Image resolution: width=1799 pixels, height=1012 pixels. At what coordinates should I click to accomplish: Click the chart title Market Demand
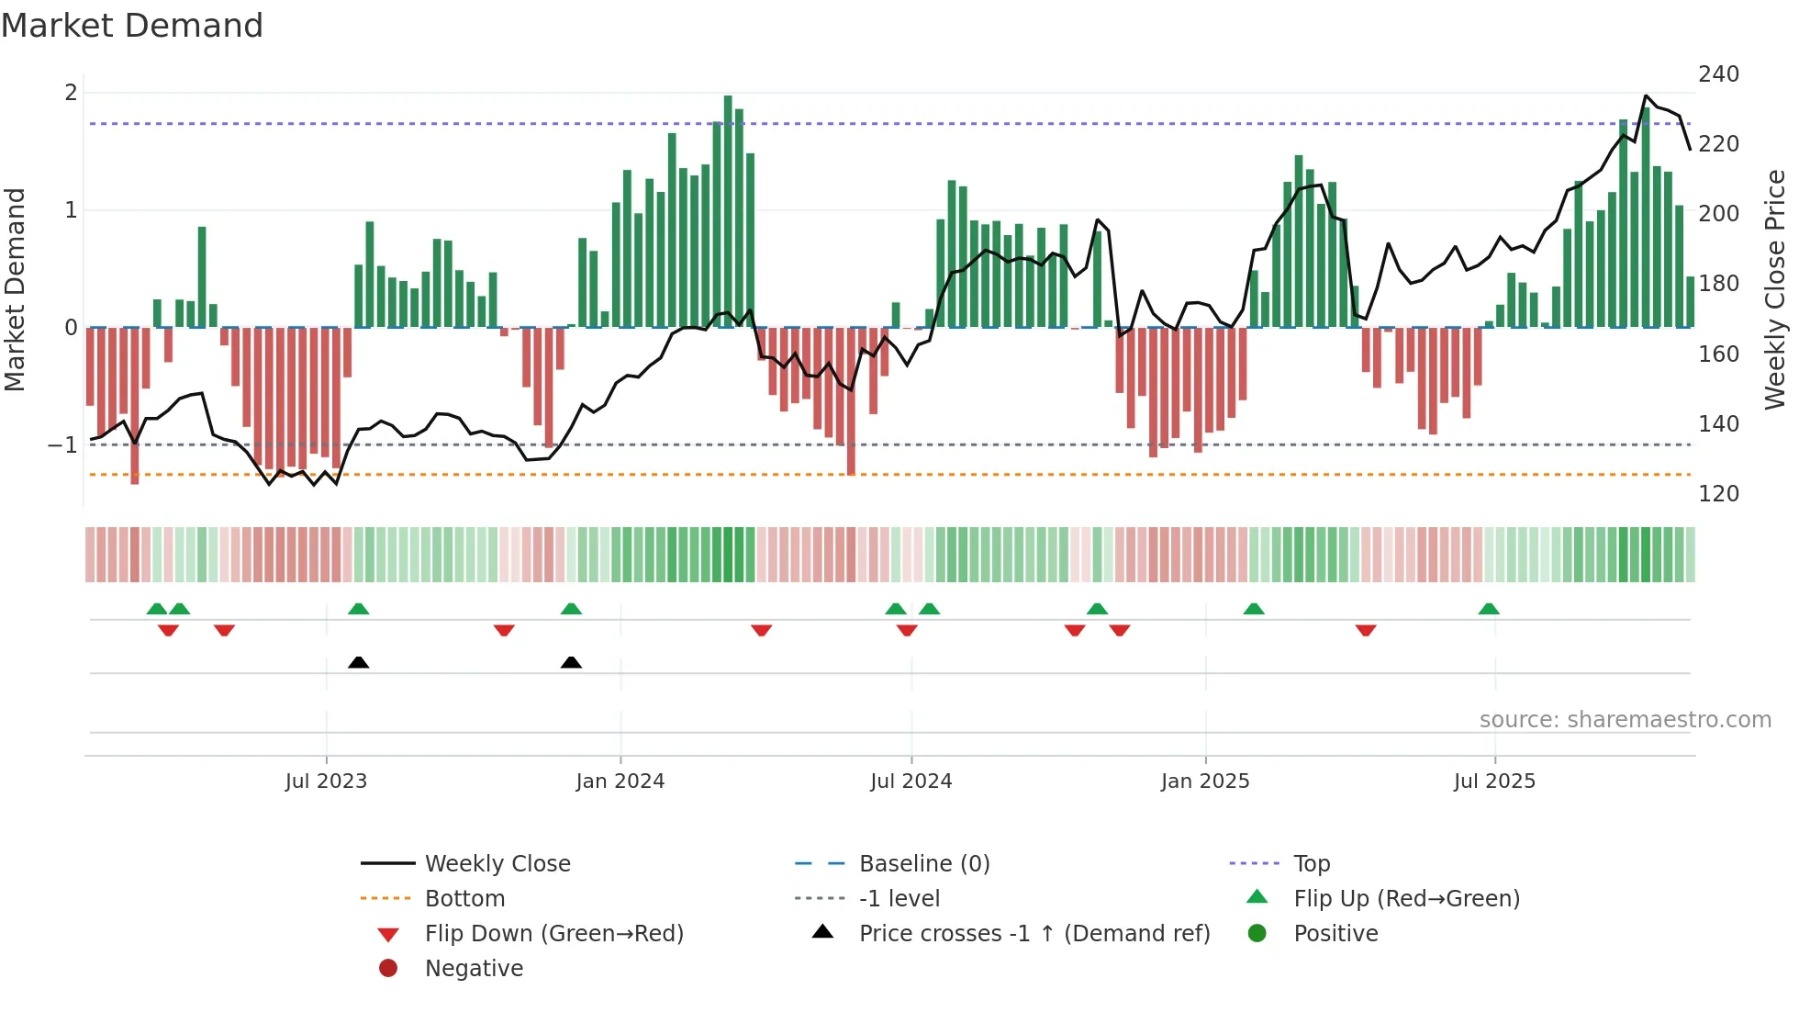coord(132,26)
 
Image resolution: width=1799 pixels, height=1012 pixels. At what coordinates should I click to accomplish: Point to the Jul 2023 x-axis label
coord(326,781)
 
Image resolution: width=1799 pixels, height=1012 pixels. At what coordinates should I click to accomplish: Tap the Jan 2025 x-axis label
coord(1205,781)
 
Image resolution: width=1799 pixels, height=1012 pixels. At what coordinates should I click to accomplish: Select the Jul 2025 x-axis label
coord(1494,781)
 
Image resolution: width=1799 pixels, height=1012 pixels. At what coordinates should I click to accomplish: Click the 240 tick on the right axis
coord(1718,74)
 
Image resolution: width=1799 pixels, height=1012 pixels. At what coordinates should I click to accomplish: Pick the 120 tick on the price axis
coord(1718,494)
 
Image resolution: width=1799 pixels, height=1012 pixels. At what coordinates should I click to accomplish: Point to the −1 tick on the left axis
coord(62,445)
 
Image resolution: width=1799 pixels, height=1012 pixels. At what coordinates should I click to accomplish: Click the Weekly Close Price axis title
coord(1775,289)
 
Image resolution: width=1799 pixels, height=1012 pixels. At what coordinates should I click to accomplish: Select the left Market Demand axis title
coord(15,289)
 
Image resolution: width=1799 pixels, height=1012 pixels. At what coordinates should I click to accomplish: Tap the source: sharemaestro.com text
coord(1625,720)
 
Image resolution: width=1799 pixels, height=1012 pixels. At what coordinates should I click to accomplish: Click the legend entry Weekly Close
coord(497,864)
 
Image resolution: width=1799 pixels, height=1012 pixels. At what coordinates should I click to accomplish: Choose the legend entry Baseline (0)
coord(924,864)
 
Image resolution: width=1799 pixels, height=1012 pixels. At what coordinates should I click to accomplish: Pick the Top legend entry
coord(1312,864)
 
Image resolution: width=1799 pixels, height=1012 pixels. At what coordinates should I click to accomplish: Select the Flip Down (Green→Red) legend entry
coord(553,934)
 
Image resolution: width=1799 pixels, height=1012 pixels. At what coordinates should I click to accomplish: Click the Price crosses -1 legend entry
coord(1034,934)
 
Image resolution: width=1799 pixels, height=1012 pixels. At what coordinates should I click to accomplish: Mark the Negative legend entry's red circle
coord(388,969)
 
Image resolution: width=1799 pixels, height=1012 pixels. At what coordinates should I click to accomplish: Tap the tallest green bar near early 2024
coord(728,211)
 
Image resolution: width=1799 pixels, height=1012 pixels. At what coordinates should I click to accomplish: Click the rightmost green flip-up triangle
coord(1489,609)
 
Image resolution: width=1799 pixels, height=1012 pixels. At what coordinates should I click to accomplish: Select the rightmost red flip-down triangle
coord(1366,630)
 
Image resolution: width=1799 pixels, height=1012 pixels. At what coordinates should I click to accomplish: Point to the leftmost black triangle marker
coord(359,662)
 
